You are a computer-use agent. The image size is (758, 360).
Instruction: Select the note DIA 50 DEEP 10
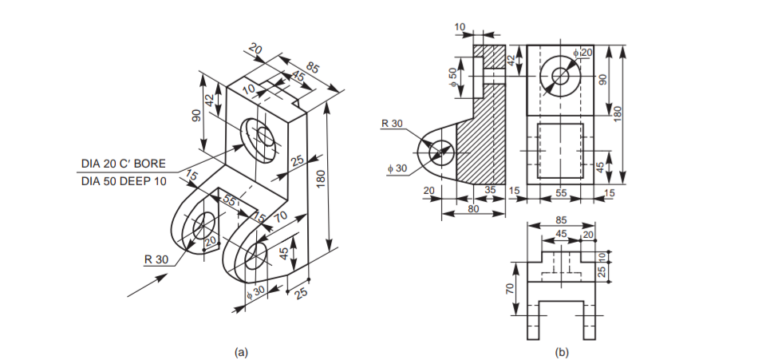point(124,181)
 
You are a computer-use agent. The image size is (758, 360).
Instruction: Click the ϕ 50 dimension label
point(453,77)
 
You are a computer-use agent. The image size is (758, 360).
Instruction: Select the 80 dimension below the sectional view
point(473,210)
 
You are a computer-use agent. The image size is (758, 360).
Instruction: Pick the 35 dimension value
point(491,191)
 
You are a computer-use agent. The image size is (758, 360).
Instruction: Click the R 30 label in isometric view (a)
point(156,259)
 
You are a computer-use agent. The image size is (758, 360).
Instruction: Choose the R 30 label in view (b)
point(394,123)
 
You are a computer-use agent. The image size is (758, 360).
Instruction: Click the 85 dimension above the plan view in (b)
point(562,220)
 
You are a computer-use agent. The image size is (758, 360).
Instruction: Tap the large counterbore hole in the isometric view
point(259,133)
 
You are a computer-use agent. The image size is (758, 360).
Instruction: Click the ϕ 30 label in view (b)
point(397,168)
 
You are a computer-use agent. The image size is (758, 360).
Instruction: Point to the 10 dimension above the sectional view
point(459,27)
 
